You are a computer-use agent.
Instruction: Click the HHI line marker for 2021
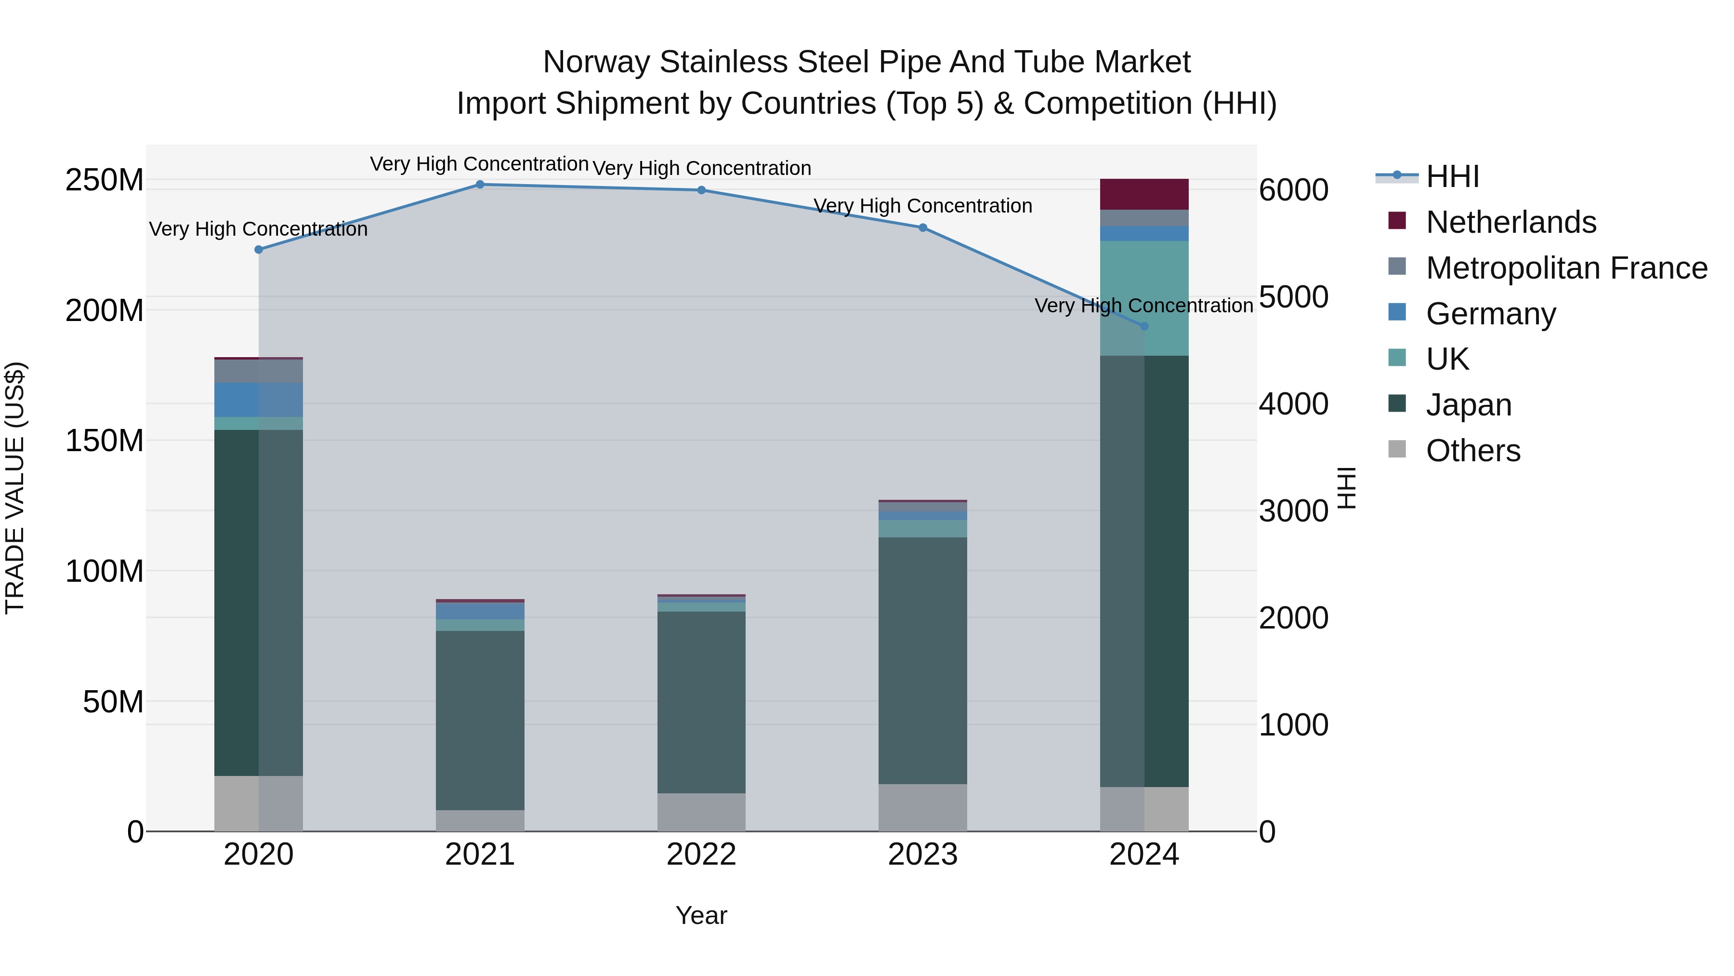click(480, 185)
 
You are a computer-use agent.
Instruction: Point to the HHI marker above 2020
click(259, 249)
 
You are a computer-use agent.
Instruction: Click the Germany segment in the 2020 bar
click(259, 400)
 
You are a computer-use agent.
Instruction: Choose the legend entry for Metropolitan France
click(1566, 268)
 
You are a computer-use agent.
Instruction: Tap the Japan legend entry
click(1468, 405)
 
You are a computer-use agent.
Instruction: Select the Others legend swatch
click(1397, 449)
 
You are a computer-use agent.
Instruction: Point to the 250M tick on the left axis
click(105, 181)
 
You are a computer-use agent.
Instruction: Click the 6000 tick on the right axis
click(1294, 190)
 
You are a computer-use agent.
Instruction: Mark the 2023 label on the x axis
click(922, 855)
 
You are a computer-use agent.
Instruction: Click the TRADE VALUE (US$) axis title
click(15, 488)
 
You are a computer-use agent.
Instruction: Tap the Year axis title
click(701, 915)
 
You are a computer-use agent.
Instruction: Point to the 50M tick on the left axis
click(113, 702)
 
